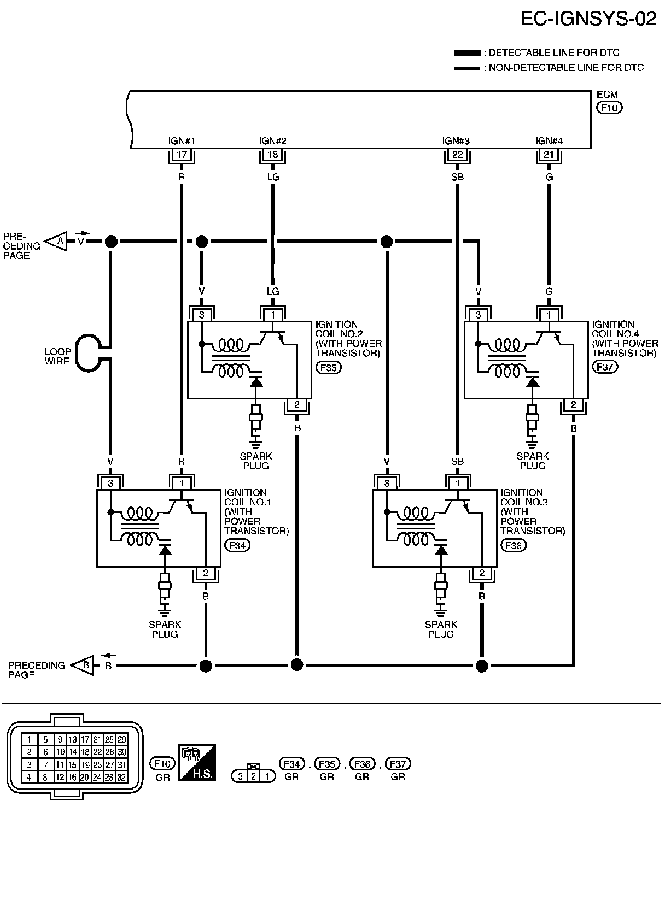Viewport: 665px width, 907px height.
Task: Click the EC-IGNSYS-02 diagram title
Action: (x=588, y=19)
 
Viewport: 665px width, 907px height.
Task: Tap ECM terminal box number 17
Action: (x=182, y=154)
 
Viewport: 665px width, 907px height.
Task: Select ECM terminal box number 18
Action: (x=273, y=154)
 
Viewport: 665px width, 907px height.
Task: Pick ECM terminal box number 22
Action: (x=458, y=154)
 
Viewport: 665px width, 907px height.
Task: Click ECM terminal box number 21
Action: (x=549, y=154)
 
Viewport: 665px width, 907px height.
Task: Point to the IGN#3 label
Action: (x=456, y=141)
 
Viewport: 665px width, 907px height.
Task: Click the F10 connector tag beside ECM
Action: (x=609, y=108)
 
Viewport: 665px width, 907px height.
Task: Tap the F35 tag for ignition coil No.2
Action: (x=329, y=368)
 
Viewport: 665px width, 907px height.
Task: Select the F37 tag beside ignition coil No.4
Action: (x=605, y=367)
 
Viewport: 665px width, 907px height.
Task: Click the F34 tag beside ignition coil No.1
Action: (x=237, y=545)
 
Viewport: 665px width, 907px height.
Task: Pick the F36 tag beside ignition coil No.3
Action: (x=514, y=545)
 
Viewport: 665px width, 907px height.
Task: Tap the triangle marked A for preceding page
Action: (x=56, y=242)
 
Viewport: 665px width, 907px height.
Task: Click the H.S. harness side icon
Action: (x=197, y=763)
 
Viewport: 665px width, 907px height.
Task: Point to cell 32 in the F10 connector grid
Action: (x=121, y=777)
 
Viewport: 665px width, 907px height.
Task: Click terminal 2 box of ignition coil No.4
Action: (x=573, y=404)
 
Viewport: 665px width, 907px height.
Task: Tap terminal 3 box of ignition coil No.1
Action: (x=110, y=483)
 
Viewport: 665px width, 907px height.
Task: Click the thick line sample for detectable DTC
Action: (x=467, y=53)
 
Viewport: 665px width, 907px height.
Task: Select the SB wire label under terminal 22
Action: (x=458, y=177)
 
